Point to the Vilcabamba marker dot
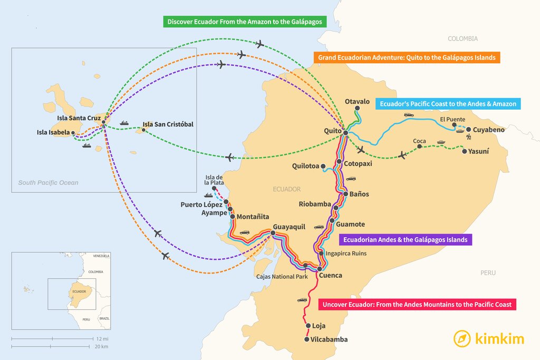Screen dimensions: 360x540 coord(307,339)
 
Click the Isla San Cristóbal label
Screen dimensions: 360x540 coord(168,124)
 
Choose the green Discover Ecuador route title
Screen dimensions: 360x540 coord(245,22)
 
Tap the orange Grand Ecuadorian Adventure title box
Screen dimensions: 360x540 coord(406,57)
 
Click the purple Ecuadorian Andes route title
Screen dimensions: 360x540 coord(405,240)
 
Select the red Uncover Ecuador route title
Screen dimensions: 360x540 coord(417,304)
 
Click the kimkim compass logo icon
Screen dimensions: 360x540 coord(462,338)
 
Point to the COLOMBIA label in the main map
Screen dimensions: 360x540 coord(462,38)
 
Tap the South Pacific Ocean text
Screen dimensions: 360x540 coord(48,183)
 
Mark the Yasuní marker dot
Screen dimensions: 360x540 coord(464,151)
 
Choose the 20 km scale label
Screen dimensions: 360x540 coord(102,346)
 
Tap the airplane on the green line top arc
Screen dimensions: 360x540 coord(259,44)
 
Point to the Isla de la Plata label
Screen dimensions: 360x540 coord(214,179)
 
